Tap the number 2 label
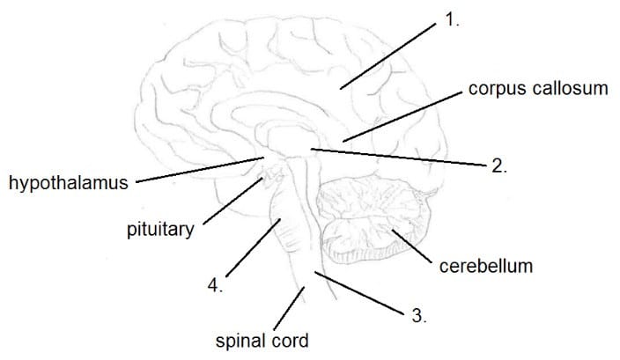[498, 165]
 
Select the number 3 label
[419, 316]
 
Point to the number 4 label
[215, 285]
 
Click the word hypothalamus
[68, 183]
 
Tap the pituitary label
[159, 231]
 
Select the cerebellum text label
[485, 265]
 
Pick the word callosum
[571, 89]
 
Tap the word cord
[292, 339]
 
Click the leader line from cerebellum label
[410, 245]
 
